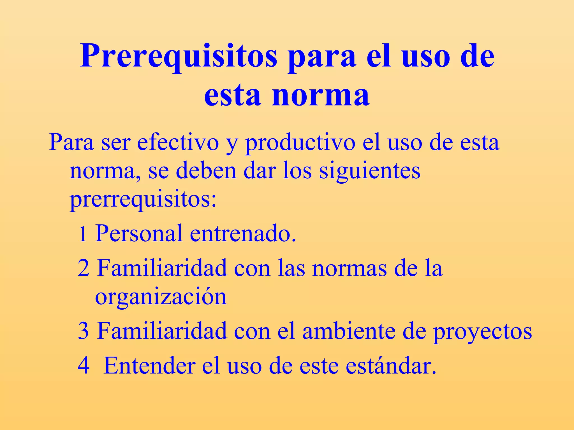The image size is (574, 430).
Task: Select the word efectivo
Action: point(178,142)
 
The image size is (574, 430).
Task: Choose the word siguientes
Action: point(370,171)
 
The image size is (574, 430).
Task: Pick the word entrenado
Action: point(243,233)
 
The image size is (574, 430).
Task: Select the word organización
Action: point(161,297)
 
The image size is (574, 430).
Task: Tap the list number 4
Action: point(84,366)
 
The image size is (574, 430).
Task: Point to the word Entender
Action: point(149,366)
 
